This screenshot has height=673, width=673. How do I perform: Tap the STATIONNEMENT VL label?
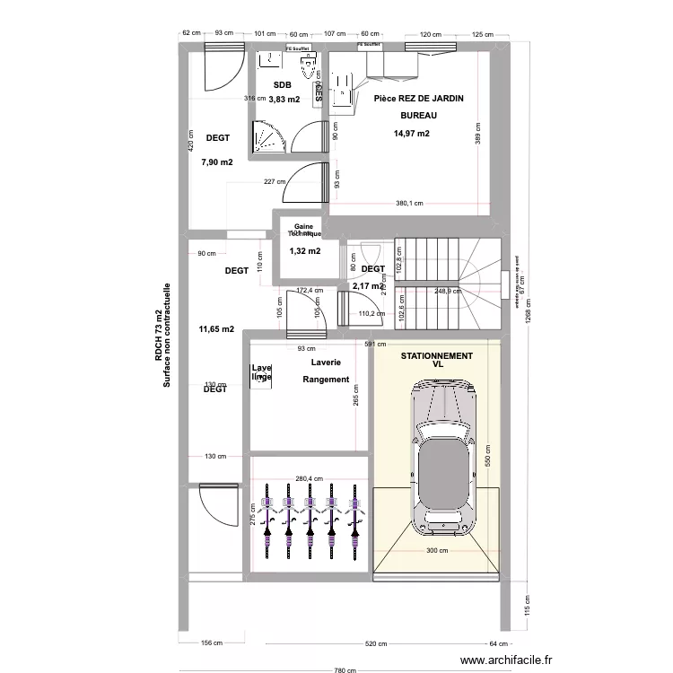click(437, 361)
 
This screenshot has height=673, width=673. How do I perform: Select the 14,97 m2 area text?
click(411, 134)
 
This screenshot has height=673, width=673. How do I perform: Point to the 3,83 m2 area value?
click(284, 100)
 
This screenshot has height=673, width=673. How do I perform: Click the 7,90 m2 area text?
click(217, 162)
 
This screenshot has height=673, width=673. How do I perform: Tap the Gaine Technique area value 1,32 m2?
click(305, 251)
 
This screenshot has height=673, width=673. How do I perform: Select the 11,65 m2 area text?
click(216, 329)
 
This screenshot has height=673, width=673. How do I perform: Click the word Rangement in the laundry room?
click(326, 380)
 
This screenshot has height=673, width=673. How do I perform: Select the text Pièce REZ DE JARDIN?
click(418, 99)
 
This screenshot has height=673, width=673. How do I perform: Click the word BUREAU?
click(418, 117)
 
